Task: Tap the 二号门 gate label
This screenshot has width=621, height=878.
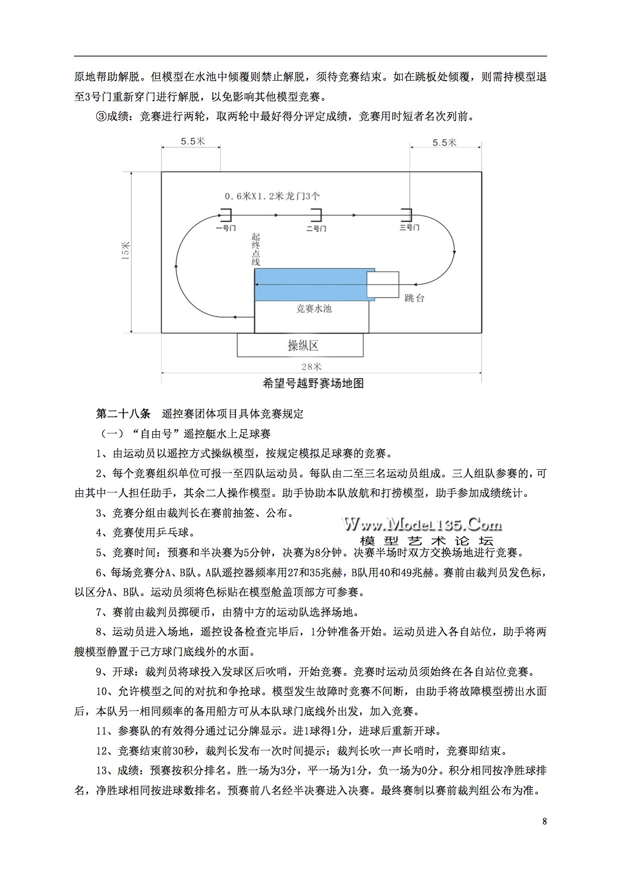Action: pyautogui.click(x=316, y=228)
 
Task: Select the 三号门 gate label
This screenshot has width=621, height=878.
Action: pyautogui.click(x=409, y=228)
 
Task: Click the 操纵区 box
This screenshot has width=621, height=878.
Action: pyautogui.click(x=300, y=345)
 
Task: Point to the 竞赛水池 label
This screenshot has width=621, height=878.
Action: pyautogui.click(x=314, y=309)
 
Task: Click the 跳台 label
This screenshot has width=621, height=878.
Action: pyautogui.click(x=414, y=299)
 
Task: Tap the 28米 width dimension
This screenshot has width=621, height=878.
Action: pyautogui.click(x=312, y=367)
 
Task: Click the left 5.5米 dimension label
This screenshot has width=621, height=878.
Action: pyautogui.click(x=193, y=141)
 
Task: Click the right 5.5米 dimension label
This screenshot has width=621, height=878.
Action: pyautogui.click(x=444, y=143)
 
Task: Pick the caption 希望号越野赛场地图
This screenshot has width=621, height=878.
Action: pyautogui.click(x=313, y=384)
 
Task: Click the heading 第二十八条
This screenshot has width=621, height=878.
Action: pyautogui.click(x=123, y=414)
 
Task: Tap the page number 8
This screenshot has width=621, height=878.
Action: pyautogui.click(x=544, y=821)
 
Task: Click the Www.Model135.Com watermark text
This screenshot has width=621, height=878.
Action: pyautogui.click(x=422, y=524)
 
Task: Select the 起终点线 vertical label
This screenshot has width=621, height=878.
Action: pyautogui.click(x=256, y=249)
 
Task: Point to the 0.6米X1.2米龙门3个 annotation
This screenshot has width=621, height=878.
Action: pyautogui.click(x=271, y=196)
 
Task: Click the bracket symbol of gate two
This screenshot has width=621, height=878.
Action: pyautogui.click(x=317, y=215)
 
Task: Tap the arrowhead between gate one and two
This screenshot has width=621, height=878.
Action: pyautogui.click(x=276, y=215)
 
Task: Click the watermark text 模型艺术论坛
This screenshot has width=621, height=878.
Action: pyautogui.click(x=426, y=541)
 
